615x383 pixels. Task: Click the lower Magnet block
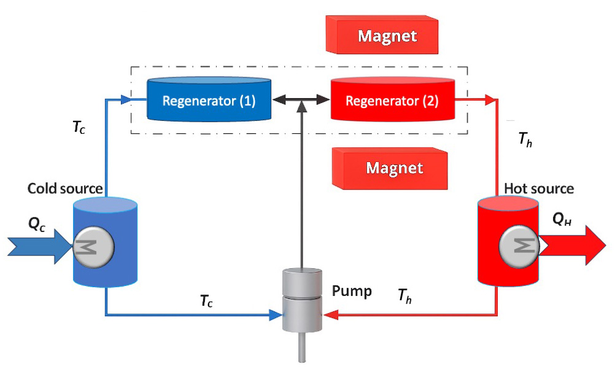click(x=390, y=168)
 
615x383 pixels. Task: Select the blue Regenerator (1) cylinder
click(x=209, y=99)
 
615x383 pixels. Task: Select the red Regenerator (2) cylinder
click(x=392, y=100)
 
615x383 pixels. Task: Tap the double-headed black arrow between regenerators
click(x=301, y=99)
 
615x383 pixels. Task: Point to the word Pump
click(x=352, y=291)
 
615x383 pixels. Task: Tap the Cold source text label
click(x=65, y=188)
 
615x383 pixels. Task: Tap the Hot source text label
click(x=538, y=188)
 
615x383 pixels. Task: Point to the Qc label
click(x=36, y=225)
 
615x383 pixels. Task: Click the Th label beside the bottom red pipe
click(x=404, y=296)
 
